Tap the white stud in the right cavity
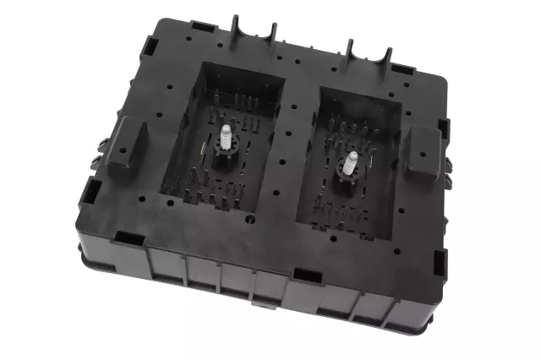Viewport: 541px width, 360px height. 350,162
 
